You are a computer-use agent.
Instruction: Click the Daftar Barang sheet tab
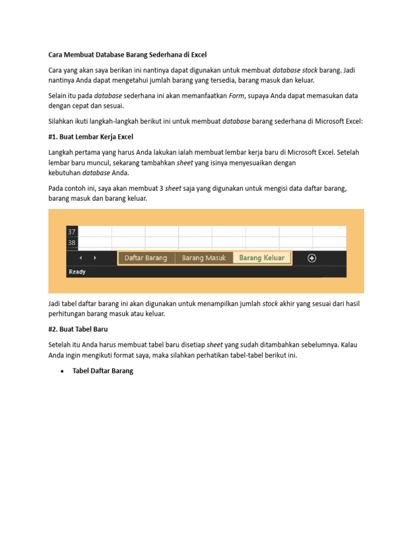[146, 258]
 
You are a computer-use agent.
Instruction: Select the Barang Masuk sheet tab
[204, 258]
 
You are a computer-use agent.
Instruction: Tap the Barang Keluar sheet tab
[262, 258]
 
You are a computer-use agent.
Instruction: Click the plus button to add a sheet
[312, 258]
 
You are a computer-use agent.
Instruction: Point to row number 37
[72, 232]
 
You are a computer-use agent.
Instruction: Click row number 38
[72, 243]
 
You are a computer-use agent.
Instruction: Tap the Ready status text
[77, 272]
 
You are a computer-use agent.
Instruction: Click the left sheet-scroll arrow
[80, 258]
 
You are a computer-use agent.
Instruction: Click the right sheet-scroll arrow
[95, 258]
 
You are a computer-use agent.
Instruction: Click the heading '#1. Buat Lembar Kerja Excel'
[91, 137]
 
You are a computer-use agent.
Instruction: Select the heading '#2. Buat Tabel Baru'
[78, 329]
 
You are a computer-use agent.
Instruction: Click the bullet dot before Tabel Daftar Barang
[63, 371]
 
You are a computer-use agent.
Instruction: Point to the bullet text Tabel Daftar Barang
[102, 370]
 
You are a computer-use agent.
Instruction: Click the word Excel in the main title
[197, 55]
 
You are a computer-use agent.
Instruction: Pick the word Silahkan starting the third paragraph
[62, 121]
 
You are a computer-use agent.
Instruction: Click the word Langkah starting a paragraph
[63, 152]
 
